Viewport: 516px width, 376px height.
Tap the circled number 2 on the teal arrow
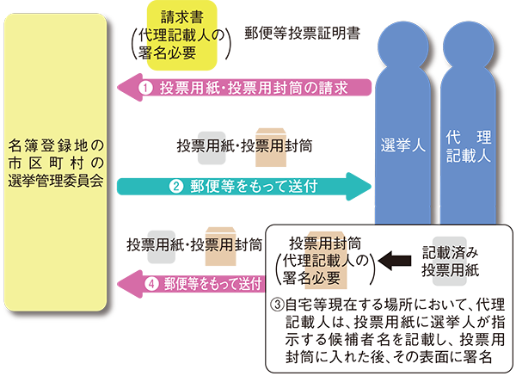pyautogui.click(x=175, y=184)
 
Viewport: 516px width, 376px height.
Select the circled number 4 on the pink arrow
pyautogui.click(x=152, y=281)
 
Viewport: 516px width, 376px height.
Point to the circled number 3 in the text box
pyautogui.click(x=277, y=305)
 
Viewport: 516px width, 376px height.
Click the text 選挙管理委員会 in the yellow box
pyautogui.click(x=55, y=181)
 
